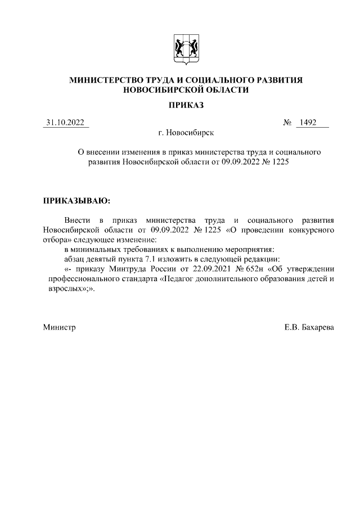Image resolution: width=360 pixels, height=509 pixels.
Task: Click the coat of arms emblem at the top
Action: pos(186,49)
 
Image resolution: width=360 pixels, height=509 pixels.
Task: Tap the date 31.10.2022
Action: pos(66,123)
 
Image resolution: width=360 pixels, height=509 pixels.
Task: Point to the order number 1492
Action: pos(309,123)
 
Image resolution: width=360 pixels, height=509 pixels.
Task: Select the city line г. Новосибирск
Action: pos(186,133)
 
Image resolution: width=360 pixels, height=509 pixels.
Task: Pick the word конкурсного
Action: pos(312,229)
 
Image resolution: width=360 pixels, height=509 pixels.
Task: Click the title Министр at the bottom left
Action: pos(59,327)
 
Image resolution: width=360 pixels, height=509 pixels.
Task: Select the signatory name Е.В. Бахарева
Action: pos(309,327)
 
